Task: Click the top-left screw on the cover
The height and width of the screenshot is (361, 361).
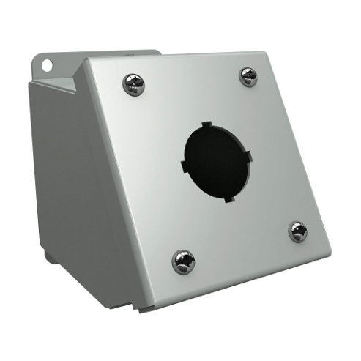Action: pyautogui.click(x=133, y=83)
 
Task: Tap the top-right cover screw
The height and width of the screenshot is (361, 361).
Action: pyautogui.click(x=249, y=76)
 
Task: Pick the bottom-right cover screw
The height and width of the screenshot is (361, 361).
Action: pyautogui.click(x=298, y=232)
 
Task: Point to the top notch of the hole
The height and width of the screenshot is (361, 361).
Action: pyautogui.click(x=206, y=125)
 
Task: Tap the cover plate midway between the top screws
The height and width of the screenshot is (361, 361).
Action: pyautogui.click(x=191, y=80)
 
